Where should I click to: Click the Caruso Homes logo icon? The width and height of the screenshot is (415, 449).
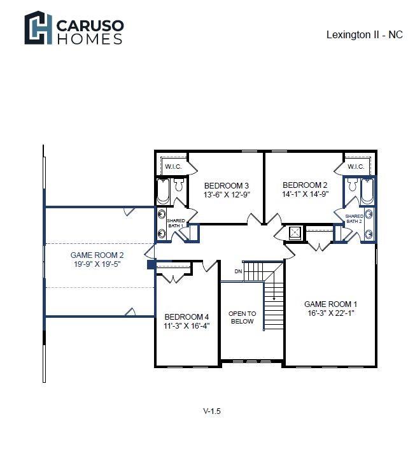click(38, 28)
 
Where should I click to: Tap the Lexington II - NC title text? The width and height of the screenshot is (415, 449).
click(364, 34)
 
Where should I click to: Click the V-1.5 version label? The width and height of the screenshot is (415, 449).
click(212, 411)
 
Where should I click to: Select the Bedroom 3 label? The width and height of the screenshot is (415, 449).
click(227, 185)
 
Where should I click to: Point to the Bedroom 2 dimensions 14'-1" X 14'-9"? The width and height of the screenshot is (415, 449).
click(305, 194)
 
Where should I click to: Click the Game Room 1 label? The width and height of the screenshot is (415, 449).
click(330, 304)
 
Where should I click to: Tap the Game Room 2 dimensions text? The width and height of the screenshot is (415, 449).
click(97, 264)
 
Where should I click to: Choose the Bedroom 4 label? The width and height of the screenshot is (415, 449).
click(186, 317)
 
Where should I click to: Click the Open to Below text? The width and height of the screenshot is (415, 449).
click(242, 318)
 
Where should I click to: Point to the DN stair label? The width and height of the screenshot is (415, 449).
click(238, 271)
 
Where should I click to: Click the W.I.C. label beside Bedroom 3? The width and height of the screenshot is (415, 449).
click(173, 167)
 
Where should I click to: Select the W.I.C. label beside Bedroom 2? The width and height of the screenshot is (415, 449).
click(356, 167)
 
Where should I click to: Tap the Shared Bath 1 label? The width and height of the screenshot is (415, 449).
click(176, 223)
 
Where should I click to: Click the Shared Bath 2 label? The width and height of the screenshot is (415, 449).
click(354, 219)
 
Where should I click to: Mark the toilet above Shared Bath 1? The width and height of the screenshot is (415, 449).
click(179, 185)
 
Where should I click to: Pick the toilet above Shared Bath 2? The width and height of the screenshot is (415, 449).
click(352, 185)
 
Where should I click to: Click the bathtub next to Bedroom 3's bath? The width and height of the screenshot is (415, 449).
click(164, 191)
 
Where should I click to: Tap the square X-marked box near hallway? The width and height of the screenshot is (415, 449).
click(295, 233)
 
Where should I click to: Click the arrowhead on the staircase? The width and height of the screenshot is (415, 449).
click(274, 299)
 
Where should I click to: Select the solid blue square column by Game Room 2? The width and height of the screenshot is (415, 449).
click(151, 264)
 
